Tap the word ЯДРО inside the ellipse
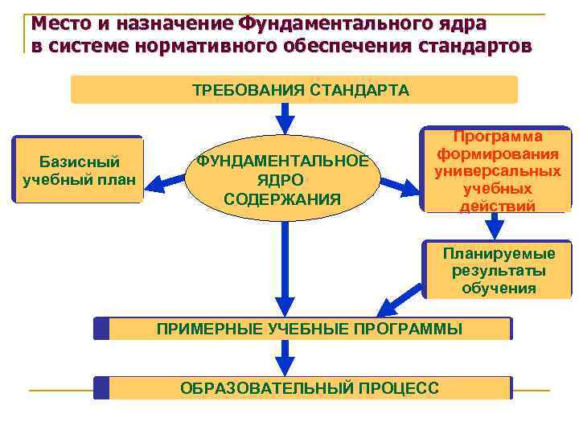(x=281, y=180)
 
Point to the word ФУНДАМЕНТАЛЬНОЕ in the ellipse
(x=281, y=162)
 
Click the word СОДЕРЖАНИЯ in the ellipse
(x=281, y=199)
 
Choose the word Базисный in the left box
(x=80, y=162)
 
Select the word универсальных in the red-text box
(x=497, y=172)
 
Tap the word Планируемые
(x=499, y=254)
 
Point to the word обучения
(x=499, y=289)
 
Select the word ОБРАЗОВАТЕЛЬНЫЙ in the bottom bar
(x=265, y=389)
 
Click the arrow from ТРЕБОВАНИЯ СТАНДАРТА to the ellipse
(x=283, y=118)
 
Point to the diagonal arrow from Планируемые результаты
(x=398, y=300)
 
